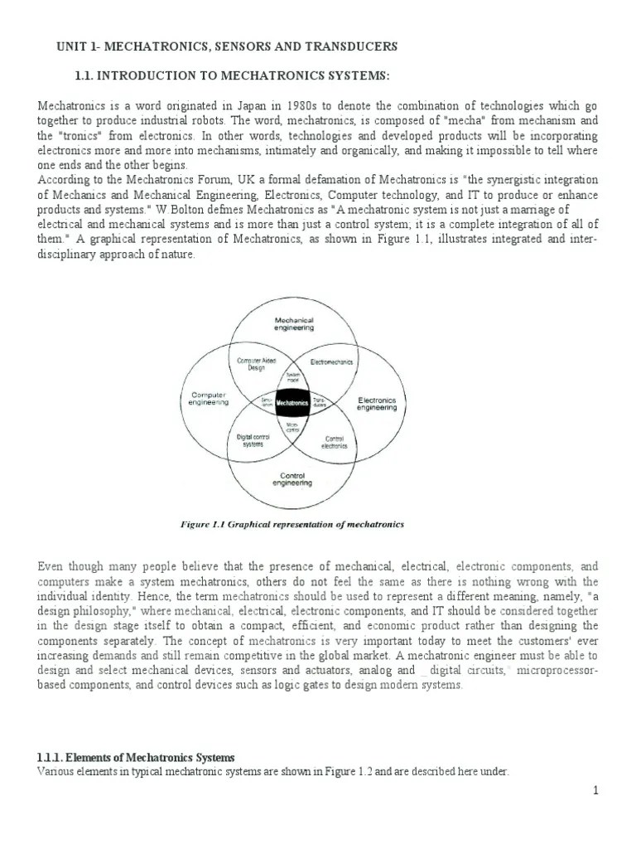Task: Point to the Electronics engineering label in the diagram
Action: pyautogui.click(x=377, y=404)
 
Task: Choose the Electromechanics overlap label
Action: pyautogui.click(x=333, y=362)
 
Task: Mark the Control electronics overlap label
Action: pyautogui.click(x=335, y=442)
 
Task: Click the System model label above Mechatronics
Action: pyautogui.click(x=291, y=377)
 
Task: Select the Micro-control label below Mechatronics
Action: pyautogui.click(x=292, y=427)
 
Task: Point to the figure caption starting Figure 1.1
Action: pyautogui.click(x=291, y=524)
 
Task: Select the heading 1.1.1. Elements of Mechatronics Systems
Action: pyautogui.click(x=137, y=758)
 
